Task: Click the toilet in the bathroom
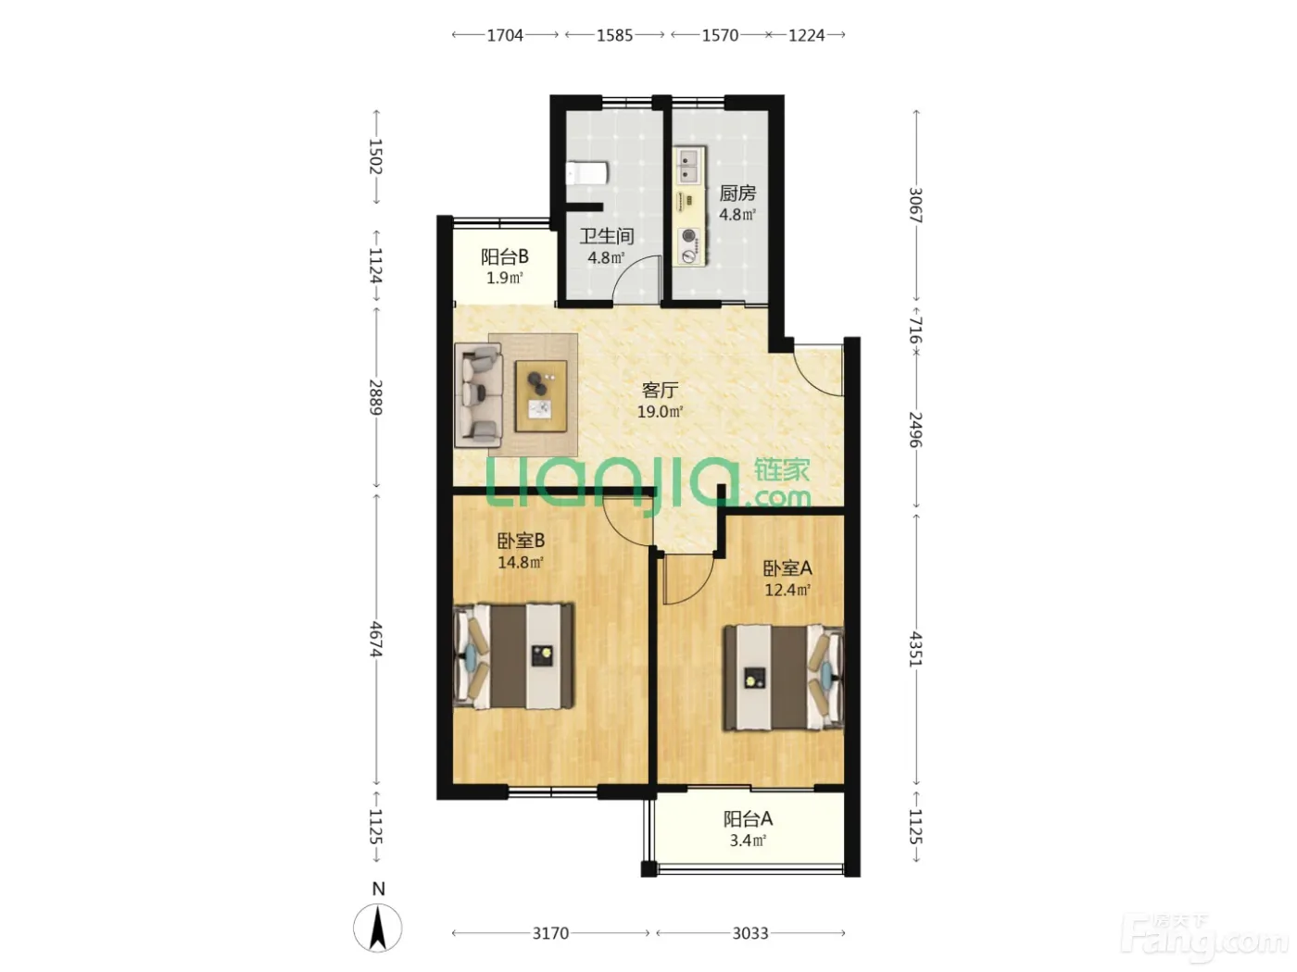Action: coord(586,173)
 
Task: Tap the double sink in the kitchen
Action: coord(689,166)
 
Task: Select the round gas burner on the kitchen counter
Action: coord(688,236)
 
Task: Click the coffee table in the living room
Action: coord(541,396)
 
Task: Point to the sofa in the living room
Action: coord(479,395)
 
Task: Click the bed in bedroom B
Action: coord(513,655)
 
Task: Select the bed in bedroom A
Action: coord(784,679)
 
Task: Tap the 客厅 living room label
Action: coord(660,390)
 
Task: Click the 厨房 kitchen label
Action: coord(737,193)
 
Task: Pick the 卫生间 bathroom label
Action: coord(607,236)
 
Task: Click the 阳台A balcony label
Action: coord(748,818)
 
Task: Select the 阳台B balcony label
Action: coord(505,256)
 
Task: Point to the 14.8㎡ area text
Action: coord(521,562)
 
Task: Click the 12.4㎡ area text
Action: coord(787,590)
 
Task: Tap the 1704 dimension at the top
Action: coord(505,35)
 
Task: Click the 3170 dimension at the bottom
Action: coord(550,933)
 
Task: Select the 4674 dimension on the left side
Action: coord(376,639)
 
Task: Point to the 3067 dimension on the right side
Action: coord(915,205)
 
